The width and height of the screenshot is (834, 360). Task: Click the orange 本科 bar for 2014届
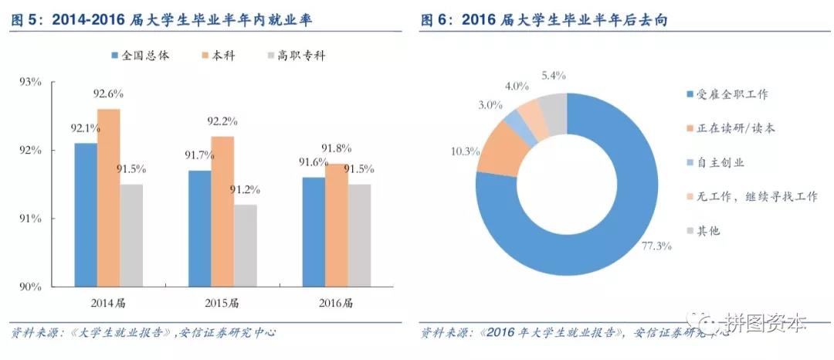pos(109,197)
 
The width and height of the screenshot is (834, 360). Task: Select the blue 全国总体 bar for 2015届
pos(198,228)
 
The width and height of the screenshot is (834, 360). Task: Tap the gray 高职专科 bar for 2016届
pos(359,235)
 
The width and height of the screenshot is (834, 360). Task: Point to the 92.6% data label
pos(109,93)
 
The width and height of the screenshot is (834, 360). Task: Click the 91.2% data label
pos(245,189)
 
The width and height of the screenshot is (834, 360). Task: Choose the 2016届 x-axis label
pos(336,301)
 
